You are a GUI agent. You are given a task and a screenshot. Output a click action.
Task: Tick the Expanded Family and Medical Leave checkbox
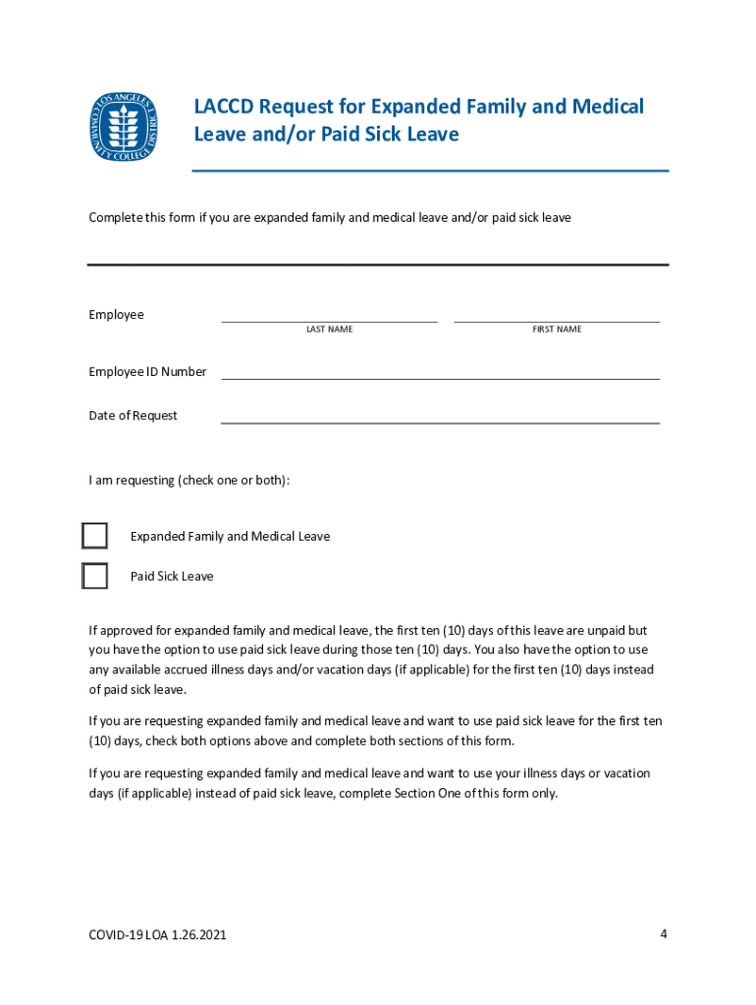click(x=94, y=536)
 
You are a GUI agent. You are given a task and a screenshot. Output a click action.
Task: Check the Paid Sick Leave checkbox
click(x=94, y=576)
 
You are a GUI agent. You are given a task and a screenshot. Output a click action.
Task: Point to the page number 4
click(x=664, y=933)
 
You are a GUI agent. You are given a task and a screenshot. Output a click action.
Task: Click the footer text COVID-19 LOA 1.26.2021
click(x=157, y=935)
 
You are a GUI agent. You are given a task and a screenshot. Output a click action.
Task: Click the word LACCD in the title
click(x=222, y=106)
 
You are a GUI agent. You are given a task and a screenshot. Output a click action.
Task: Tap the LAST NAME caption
click(x=329, y=330)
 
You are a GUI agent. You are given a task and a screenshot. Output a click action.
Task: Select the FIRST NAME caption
click(x=557, y=330)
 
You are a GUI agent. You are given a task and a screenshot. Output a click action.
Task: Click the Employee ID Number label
click(x=147, y=372)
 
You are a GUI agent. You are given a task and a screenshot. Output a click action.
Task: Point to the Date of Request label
click(x=133, y=416)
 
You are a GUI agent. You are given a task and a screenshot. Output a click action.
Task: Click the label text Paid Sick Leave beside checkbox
click(x=172, y=576)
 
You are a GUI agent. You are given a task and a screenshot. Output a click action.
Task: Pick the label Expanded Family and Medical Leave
click(x=230, y=537)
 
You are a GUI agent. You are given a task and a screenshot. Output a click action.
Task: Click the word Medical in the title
click(x=607, y=106)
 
